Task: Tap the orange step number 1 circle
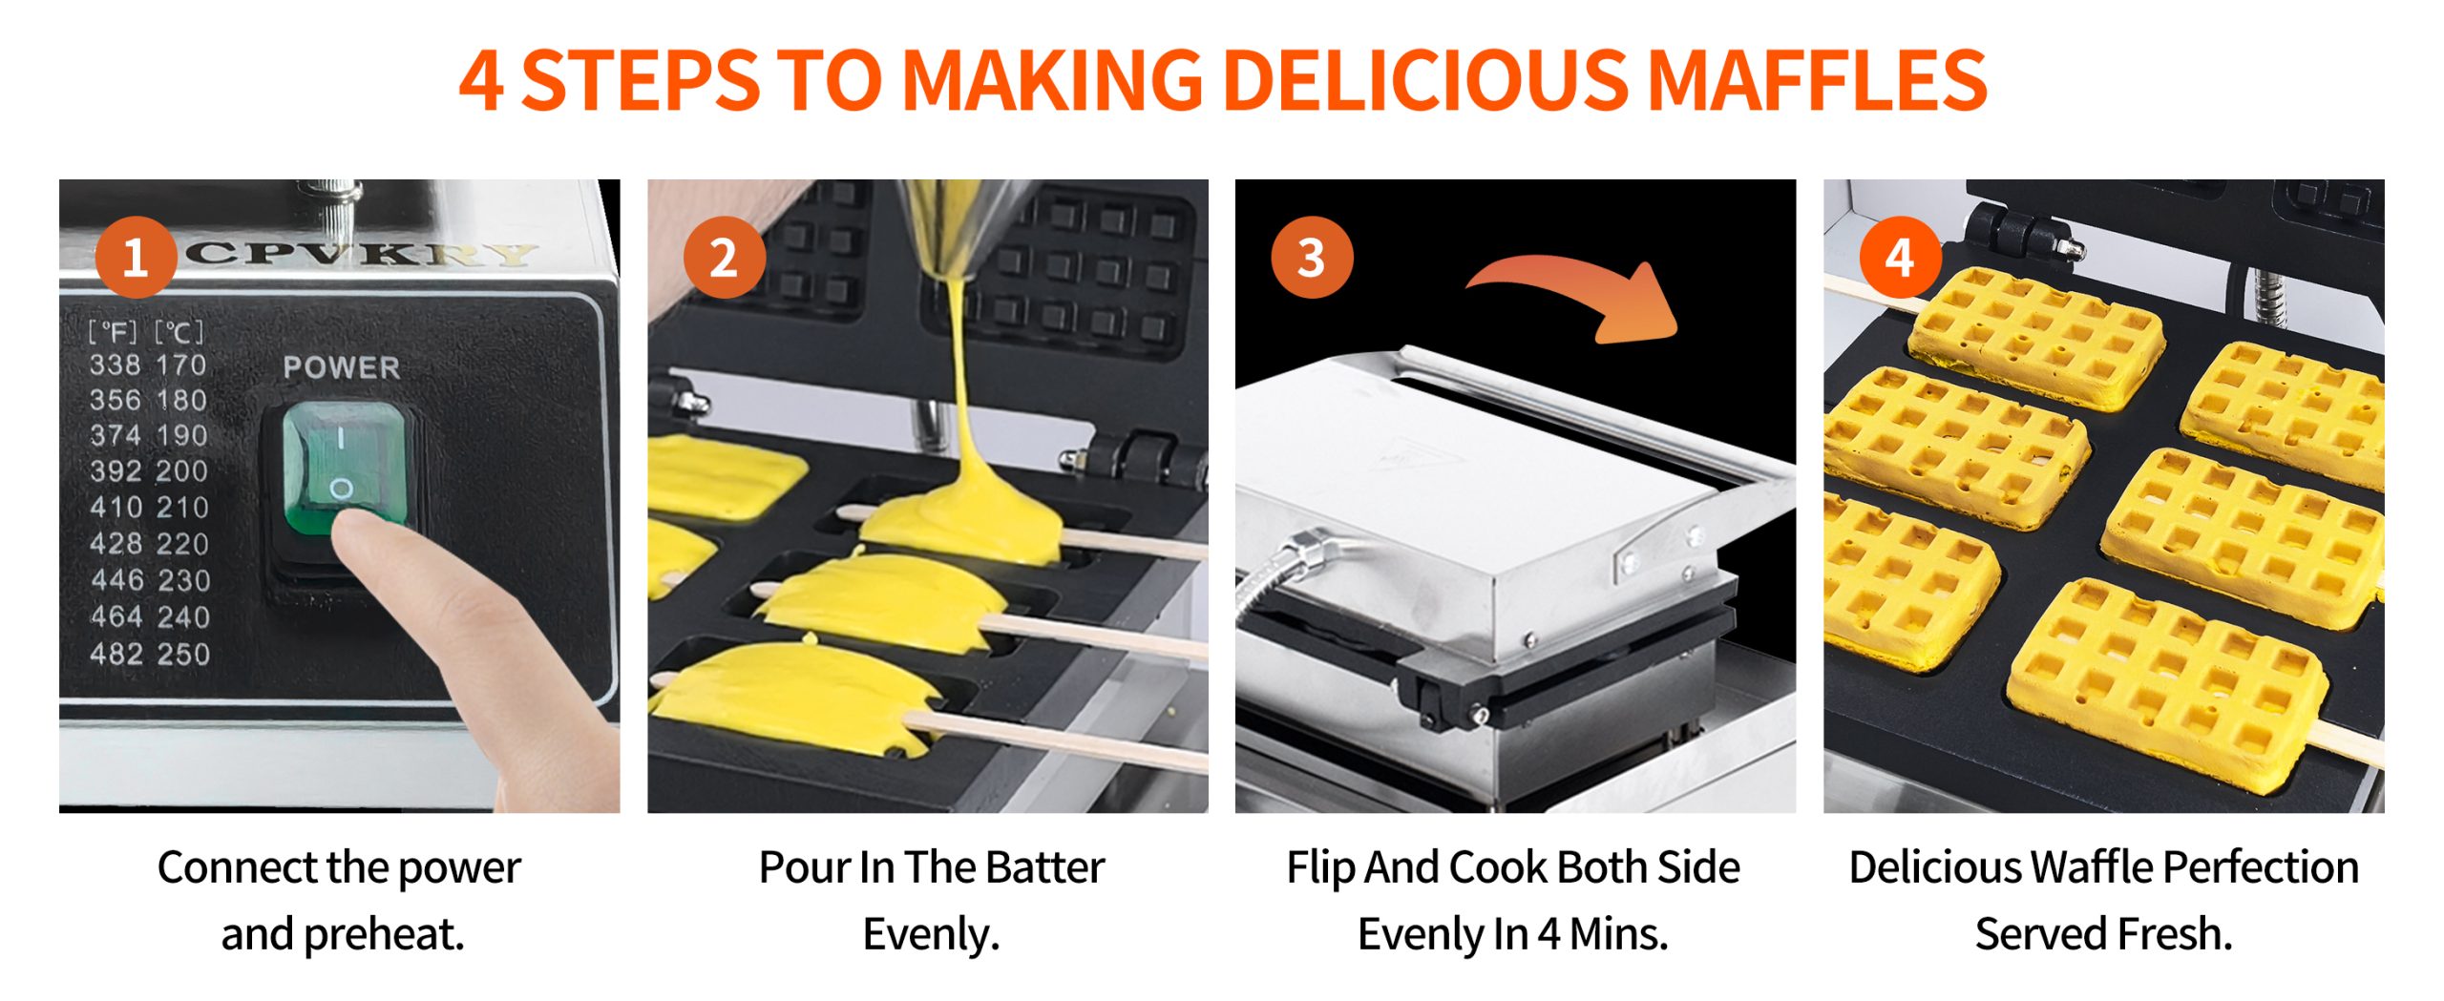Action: click(x=136, y=258)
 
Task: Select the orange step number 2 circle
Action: click(x=724, y=258)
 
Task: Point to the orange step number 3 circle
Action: click(x=1312, y=258)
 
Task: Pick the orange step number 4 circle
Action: click(x=1900, y=258)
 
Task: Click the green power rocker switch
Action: click(x=343, y=468)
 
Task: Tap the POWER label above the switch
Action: click(x=342, y=367)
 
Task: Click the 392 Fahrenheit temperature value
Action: click(x=115, y=470)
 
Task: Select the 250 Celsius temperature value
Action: click(x=183, y=654)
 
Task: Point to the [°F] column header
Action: click(x=113, y=332)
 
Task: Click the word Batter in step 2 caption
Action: click(x=1044, y=867)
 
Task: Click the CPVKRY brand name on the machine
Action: click(x=363, y=254)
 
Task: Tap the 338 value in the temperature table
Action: click(x=115, y=365)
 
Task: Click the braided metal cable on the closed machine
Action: click(x=1279, y=573)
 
